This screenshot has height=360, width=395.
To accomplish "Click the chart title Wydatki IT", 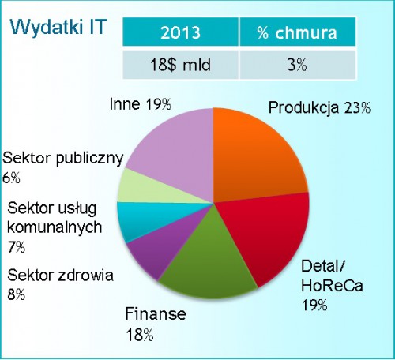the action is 58,27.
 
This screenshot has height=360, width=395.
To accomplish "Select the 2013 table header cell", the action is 181,32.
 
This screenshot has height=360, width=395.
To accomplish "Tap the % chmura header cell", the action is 298,32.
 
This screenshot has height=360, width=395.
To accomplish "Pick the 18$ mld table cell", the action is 181,65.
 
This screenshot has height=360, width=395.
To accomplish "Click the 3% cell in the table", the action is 298,65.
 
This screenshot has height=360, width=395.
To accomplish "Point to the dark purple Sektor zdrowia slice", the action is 164,250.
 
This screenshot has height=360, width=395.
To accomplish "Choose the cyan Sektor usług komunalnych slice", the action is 148,219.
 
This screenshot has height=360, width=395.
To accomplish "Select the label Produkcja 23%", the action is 319,108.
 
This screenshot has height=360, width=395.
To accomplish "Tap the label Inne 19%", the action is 141,104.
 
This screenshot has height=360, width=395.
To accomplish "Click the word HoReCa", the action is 332,286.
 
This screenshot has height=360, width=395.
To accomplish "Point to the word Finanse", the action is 156,313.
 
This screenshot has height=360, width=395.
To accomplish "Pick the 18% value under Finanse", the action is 140,335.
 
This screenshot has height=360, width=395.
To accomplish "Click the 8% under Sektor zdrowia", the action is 17,294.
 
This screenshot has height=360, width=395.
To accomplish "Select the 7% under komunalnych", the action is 17,247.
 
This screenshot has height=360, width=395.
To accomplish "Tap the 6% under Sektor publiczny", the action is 11,178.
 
